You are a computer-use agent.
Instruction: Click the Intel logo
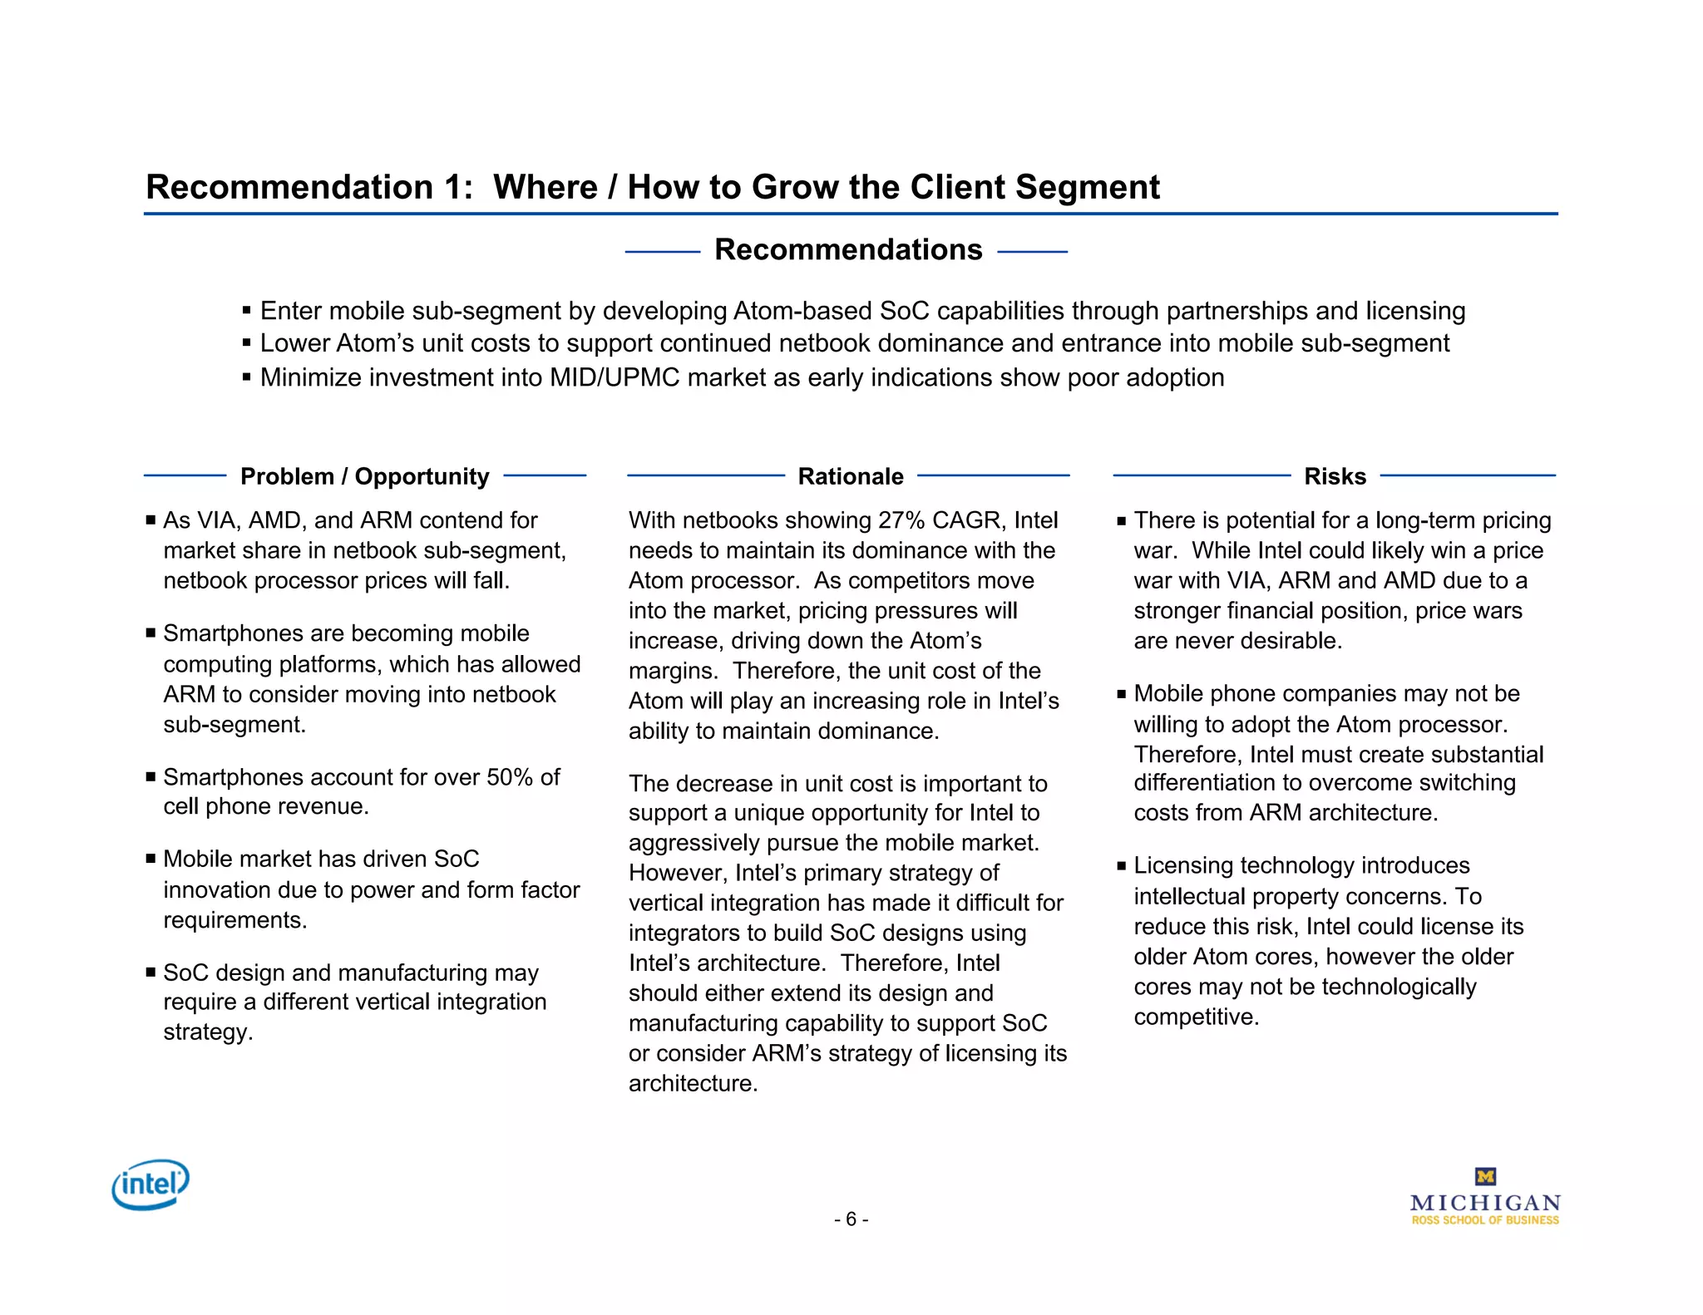coord(151,1184)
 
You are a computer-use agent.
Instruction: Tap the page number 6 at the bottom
coord(851,1219)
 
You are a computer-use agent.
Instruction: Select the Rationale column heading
coord(850,476)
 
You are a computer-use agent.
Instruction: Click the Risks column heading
coord(1335,476)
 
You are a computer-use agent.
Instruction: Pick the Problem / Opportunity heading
coord(364,476)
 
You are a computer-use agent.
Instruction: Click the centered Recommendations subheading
coord(847,249)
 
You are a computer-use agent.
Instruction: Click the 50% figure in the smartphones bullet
coord(510,777)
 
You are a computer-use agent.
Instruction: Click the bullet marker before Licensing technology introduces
coord(1121,866)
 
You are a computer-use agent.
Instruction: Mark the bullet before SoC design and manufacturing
coord(151,972)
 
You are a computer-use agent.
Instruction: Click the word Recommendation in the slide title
coord(289,187)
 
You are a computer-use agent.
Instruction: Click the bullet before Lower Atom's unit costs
coord(246,342)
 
